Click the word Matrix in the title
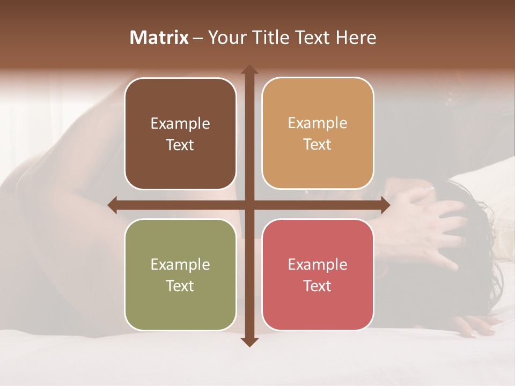coord(159,38)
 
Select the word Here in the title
coord(356,38)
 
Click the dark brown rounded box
coord(180,133)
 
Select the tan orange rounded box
coord(318,133)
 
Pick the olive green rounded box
coord(180,274)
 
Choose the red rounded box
coord(318,274)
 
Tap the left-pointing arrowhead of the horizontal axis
coord(113,204)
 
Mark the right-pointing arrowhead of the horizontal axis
coord(385,204)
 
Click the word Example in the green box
coord(180,264)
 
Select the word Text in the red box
coord(318,286)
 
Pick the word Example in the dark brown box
coord(180,123)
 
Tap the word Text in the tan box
coord(318,145)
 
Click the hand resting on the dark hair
coord(429,220)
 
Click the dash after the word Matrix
coord(198,38)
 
